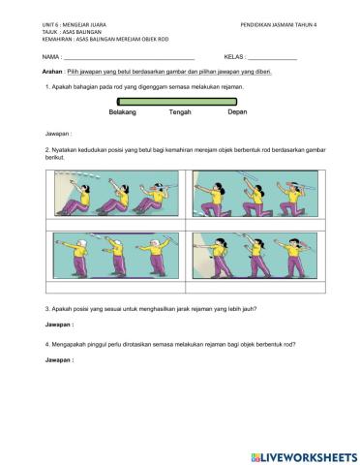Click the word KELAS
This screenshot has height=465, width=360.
(234, 58)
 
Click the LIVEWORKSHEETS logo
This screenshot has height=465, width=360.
(303, 455)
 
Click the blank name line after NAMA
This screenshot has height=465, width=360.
(131, 60)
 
